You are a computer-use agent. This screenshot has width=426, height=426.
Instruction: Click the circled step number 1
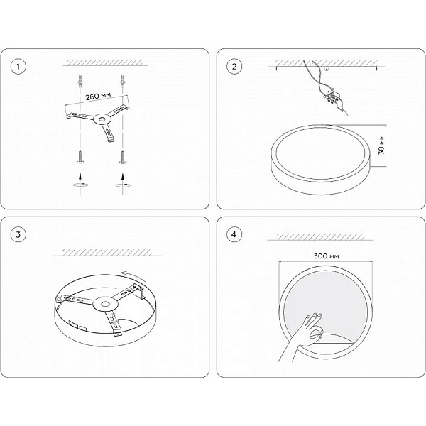click(18, 67)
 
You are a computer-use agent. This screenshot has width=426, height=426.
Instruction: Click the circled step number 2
click(234, 67)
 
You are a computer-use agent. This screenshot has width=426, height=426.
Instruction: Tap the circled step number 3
click(18, 234)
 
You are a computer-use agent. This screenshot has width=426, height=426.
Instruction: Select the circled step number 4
click(234, 234)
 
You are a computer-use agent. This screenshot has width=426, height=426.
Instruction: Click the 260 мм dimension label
click(98, 97)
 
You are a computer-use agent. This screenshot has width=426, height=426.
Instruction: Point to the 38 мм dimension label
click(381, 145)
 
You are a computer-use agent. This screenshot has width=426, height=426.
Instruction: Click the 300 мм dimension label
click(327, 256)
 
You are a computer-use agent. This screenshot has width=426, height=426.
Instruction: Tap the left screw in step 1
click(81, 157)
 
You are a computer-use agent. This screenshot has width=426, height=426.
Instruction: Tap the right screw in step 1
click(123, 157)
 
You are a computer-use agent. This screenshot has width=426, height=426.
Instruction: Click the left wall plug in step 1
click(80, 81)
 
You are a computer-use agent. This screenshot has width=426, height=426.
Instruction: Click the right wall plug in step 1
click(123, 81)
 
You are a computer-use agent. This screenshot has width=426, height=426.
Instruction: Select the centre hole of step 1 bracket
click(102, 119)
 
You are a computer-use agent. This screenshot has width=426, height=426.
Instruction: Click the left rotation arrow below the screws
click(80, 185)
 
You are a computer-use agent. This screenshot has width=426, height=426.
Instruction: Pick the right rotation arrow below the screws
click(123, 185)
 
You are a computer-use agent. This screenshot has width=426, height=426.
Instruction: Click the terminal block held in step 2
click(332, 97)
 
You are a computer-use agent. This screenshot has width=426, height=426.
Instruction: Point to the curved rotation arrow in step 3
click(134, 275)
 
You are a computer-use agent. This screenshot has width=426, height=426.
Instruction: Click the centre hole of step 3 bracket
click(105, 304)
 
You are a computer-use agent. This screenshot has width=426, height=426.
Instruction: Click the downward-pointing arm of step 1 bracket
click(107, 133)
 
